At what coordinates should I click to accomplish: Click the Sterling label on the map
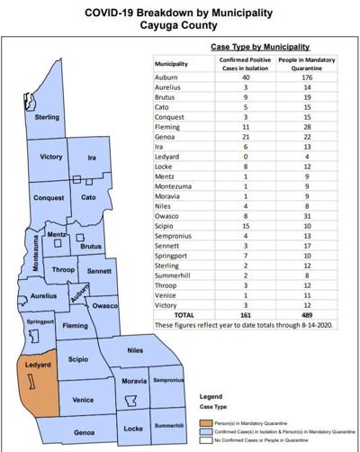(x=47, y=117)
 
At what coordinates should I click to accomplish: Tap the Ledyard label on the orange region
(x=37, y=366)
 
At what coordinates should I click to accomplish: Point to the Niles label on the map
(x=135, y=349)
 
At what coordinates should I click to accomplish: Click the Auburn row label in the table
(x=166, y=79)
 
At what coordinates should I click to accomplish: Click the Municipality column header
(x=173, y=64)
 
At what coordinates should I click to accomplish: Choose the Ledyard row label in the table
(x=168, y=158)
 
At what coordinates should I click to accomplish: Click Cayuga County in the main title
(x=180, y=25)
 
